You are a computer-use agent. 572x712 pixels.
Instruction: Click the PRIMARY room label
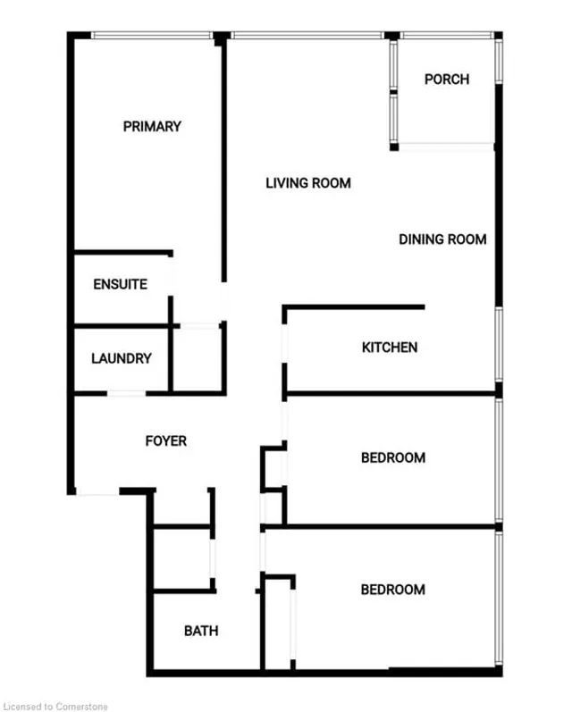coord(152,127)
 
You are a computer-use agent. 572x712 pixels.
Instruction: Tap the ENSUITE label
coord(121,285)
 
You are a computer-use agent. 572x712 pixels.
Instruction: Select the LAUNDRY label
coord(122,359)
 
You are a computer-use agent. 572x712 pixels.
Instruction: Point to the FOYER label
coord(166,441)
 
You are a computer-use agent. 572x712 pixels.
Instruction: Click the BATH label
coord(201,632)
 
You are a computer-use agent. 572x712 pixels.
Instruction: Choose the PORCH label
coord(447,80)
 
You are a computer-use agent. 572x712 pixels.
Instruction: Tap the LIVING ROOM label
coord(308,183)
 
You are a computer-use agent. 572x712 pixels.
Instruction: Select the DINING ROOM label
coord(442,239)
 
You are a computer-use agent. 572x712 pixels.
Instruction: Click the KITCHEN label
coord(390,348)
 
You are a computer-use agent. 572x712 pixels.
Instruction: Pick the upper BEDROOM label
coord(393,458)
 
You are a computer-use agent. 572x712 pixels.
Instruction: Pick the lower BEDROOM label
coord(393,590)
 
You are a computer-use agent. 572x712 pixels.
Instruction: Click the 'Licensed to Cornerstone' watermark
coord(55,706)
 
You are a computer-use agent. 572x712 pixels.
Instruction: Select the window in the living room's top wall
coord(307,36)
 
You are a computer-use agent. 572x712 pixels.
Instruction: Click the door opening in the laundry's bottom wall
coord(126,393)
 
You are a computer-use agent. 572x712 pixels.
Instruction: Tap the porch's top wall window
coord(445,36)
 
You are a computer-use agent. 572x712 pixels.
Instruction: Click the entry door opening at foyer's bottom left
coord(97,492)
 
